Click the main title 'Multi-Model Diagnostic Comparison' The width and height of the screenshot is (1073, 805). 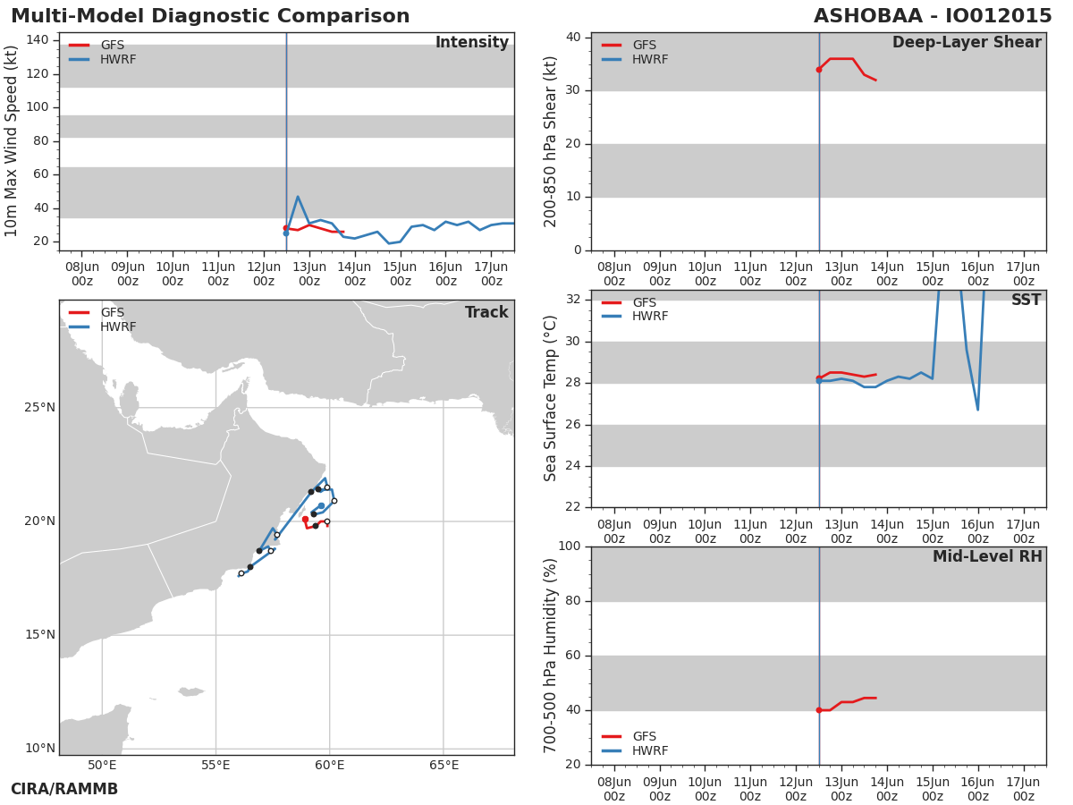point(210,16)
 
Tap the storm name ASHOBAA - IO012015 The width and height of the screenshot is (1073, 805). point(933,16)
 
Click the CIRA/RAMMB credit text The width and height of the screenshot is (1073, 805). point(64,788)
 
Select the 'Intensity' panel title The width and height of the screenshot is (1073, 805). point(472,43)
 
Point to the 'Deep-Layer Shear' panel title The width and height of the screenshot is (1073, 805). point(967,43)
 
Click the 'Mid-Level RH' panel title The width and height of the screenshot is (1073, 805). point(987,556)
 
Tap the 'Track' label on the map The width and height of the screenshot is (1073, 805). point(486,312)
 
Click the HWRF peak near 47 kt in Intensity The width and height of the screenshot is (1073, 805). point(298,197)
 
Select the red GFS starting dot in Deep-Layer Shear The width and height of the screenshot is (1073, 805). point(819,70)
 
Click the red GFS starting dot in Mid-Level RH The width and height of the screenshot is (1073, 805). point(819,710)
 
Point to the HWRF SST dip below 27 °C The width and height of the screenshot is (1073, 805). point(977,410)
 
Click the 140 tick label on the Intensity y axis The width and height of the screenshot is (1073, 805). point(38,40)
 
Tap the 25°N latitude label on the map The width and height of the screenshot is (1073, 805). point(40,407)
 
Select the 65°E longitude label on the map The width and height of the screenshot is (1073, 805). point(444,765)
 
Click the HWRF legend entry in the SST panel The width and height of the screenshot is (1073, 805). point(635,317)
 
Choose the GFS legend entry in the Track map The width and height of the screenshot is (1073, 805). point(97,312)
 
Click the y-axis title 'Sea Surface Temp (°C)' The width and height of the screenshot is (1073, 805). point(550,398)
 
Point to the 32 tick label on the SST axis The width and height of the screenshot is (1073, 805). point(573,299)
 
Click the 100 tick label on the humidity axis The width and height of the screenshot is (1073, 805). point(570,546)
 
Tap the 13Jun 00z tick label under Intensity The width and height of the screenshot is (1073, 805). point(309,274)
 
